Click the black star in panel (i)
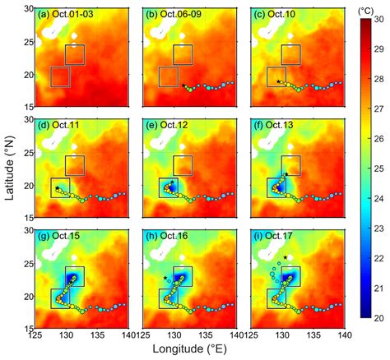click(x=285, y=257)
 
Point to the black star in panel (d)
click(x=57, y=188)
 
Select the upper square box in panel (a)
click(x=75, y=54)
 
